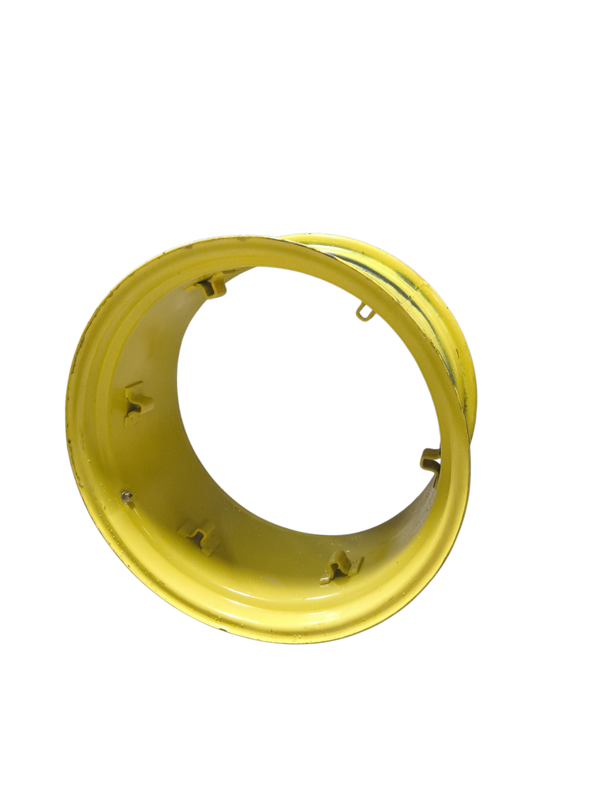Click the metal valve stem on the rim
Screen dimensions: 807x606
click(125, 496)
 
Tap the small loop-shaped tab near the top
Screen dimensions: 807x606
click(364, 311)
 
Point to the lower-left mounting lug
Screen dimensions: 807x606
click(199, 536)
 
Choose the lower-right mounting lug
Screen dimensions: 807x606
click(342, 565)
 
